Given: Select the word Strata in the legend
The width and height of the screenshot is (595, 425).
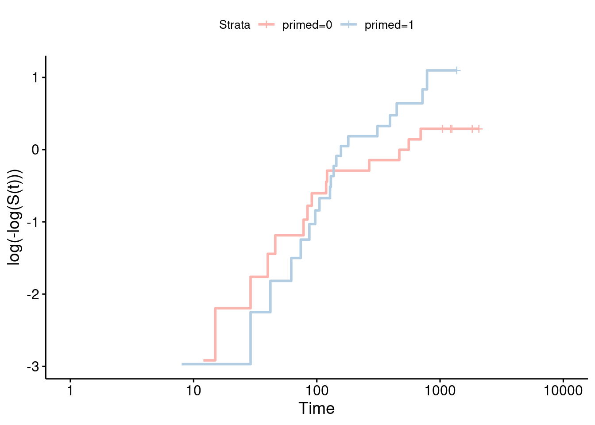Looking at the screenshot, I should point(235,25).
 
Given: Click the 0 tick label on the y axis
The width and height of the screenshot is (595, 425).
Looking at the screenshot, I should point(35,150).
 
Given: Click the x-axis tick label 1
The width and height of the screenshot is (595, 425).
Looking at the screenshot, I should point(70,391).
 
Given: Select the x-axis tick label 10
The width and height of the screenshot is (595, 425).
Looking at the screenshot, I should point(193,391).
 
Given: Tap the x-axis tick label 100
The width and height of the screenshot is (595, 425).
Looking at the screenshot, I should point(317,391).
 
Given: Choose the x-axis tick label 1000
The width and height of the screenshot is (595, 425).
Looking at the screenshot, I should point(440,391).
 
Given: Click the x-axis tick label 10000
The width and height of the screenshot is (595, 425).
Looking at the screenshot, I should point(563,391).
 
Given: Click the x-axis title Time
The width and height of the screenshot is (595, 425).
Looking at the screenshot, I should point(316,408).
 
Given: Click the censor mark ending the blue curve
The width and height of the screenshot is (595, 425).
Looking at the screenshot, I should point(457,70).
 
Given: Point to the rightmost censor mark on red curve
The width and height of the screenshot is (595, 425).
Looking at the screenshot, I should point(479,129).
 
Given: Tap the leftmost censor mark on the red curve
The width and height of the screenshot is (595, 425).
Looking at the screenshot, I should point(442,129).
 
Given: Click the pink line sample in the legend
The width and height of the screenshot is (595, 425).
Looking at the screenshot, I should point(267,25).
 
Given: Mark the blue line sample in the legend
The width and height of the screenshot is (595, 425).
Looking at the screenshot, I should point(349,25).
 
